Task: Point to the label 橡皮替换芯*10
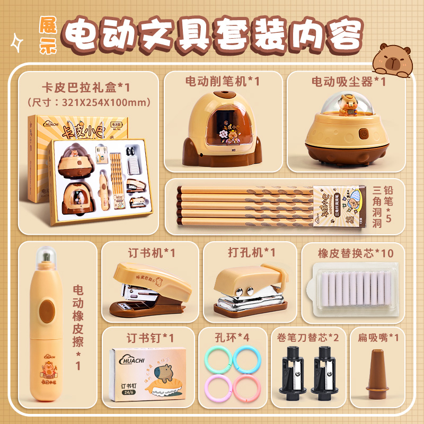(356, 253)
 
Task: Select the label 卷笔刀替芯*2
(304, 337)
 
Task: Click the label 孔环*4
(232, 337)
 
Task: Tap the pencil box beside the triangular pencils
(339, 208)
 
